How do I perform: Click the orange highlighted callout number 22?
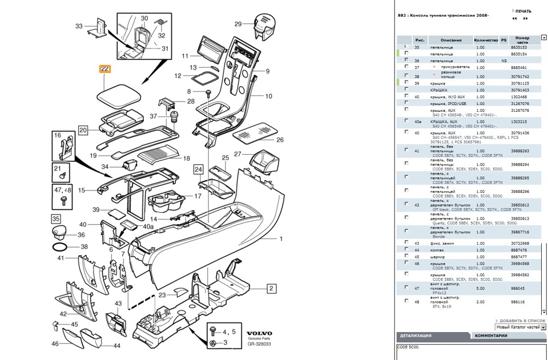pos(105,69)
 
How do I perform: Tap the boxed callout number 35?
pos(56,219)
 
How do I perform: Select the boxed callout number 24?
pos(198,169)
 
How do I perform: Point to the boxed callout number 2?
pos(272,288)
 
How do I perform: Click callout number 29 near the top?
pos(238,24)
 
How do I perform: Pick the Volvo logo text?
pos(259,333)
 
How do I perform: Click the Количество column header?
pos(486,40)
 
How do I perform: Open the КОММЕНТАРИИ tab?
pos(491,335)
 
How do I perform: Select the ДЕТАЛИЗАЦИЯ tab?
pos(415,335)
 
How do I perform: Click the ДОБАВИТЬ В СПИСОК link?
pos(521,321)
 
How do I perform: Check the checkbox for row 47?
pos(406,288)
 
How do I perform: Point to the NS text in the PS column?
pos(503,60)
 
